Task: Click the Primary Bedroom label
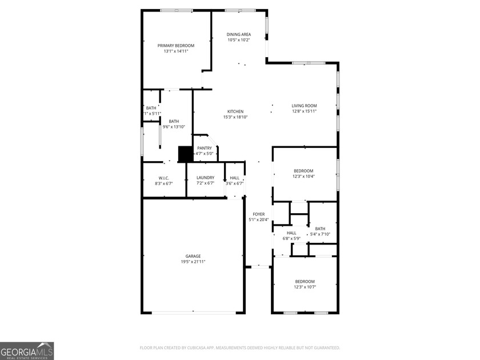point(176,46)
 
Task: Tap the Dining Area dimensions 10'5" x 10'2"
point(239,40)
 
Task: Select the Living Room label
point(304,106)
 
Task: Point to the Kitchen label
point(235,111)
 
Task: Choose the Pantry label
point(205,148)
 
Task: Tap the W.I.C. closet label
point(163,178)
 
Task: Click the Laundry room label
point(205,178)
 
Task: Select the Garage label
point(193,256)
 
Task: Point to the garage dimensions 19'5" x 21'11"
point(193,262)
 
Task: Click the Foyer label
point(258,214)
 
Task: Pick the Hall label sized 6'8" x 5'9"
point(291,233)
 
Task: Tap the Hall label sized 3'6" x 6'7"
point(235,178)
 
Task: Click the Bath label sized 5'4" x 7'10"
point(320,229)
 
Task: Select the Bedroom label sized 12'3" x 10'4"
point(303,171)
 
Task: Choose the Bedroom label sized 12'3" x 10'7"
point(305,281)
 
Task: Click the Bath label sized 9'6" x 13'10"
point(174,121)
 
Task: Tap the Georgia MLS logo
point(27,351)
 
